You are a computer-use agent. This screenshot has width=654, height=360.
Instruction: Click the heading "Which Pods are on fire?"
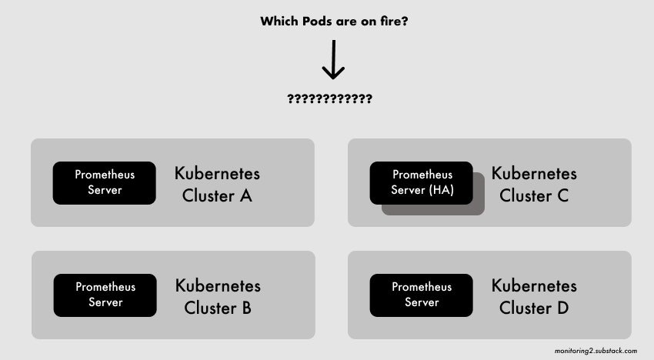(334, 22)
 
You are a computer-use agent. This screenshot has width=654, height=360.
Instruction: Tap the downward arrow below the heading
(333, 59)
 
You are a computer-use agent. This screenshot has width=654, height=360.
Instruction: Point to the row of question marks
(329, 99)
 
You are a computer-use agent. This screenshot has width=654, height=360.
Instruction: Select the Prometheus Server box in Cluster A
(105, 183)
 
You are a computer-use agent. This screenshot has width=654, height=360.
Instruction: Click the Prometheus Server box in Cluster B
(105, 295)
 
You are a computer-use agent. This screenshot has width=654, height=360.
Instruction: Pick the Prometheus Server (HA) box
(422, 183)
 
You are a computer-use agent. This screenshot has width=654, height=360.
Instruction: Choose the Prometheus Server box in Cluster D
(422, 295)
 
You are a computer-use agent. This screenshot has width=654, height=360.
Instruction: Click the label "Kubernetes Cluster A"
(217, 185)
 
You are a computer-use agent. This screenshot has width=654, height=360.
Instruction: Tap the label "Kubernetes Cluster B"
(218, 297)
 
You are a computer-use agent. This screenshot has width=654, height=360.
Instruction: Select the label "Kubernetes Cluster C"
(534, 185)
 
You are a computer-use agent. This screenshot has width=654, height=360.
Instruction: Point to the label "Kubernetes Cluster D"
(534, 297)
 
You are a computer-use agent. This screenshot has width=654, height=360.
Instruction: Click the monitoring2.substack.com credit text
(596, 351)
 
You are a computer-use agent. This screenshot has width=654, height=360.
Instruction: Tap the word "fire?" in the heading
(394, 21)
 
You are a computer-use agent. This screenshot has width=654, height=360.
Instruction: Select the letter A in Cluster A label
(246, 195)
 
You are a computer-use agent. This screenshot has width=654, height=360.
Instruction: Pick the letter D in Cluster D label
(562, 308)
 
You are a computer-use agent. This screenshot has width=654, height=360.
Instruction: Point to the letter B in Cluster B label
(246, 308)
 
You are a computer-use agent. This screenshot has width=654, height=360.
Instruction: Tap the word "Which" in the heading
(279, 21)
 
